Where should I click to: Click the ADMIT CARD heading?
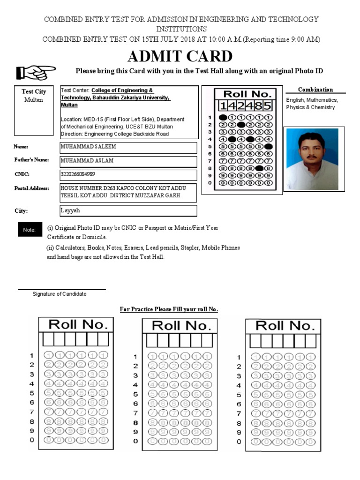coord(180,56)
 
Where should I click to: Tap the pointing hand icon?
coord(36,73)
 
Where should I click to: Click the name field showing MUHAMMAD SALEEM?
coord(128,147)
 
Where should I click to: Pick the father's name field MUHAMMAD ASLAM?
coord(128,161)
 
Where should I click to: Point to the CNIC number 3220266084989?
coord(128,175)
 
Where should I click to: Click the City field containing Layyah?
coord(128,210)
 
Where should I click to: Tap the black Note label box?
coord(30,230)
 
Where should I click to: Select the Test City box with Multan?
coord(34,96)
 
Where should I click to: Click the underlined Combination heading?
coord(315,90)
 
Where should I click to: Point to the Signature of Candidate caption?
coord(60,294)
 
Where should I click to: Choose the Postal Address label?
coord(31,188)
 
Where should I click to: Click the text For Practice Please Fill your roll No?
coord(169,309)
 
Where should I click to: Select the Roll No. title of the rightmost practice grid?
coord(285,325)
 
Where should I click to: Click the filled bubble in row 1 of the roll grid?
coord(223,117)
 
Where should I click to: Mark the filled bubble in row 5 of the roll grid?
coord(268,146)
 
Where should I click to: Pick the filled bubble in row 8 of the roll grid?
coord(259,168)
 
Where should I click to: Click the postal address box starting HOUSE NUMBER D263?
coord(128,192)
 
